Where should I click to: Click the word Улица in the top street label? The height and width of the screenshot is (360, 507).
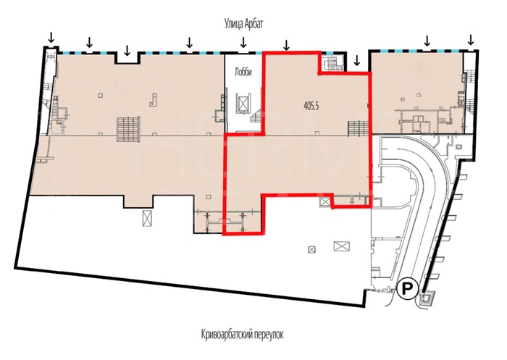(232, 24)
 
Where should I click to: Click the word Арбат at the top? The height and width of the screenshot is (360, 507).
(253, 24)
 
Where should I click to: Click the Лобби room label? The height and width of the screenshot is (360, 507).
(243, 72)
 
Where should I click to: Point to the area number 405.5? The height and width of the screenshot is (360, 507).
(311, 106)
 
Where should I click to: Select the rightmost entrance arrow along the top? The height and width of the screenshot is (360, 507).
(471, 40)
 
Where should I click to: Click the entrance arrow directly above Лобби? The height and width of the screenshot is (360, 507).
(243, 41)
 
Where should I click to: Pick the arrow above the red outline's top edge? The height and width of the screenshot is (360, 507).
(286, 46)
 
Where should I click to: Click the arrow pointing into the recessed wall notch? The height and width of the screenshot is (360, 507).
(127, 50)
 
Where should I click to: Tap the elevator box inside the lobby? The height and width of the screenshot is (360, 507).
(243, 102)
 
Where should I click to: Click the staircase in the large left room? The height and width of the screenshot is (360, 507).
(128, 130)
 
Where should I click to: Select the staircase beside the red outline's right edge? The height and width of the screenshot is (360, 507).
(358, 129)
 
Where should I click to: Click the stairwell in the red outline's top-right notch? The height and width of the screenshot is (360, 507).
(332, 64)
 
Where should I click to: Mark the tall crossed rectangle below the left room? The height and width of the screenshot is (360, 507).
(147, 219)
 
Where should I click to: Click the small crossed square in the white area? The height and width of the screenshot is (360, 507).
(311, 249)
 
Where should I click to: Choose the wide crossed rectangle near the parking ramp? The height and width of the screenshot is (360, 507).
(341, 246)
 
